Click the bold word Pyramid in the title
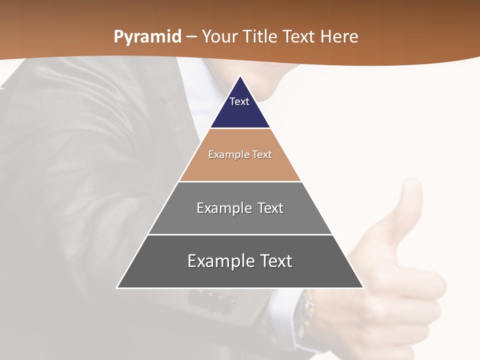pos(147,36)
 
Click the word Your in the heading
pos(218,36)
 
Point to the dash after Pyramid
pos(191,37)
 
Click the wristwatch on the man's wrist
pos(306,310)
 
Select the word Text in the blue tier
pos(239,101)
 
